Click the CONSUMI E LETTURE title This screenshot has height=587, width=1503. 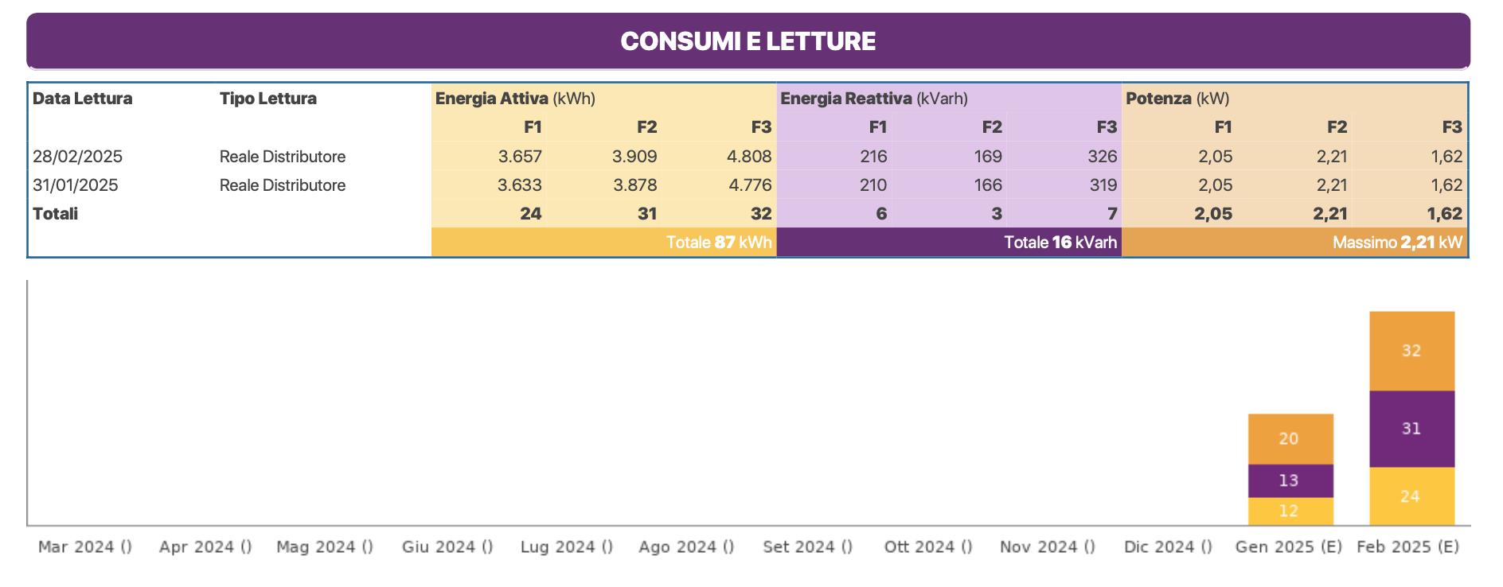coord(748,41)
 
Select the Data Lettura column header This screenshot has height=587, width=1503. coord(82,99)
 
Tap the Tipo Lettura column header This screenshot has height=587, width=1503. coord(267,99)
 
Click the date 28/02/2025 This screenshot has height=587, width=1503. coord(77,157)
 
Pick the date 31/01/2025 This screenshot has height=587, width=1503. coord(75,185)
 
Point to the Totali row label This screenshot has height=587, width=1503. coord(55,214)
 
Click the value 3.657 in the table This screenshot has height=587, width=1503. coord(520,157)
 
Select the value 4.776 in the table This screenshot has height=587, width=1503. coord(750,185)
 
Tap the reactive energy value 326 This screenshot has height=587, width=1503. coord(1103,157)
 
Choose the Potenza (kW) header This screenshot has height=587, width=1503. coord(1177,99)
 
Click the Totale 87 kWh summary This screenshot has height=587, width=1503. coord(719,243)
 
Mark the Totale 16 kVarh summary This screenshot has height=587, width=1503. coord(1060,243)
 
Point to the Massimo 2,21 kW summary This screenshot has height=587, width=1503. coord(1397,243)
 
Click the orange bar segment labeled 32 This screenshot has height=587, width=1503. coord(1411,351)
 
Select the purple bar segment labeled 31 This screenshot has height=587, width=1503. coord(1411,429)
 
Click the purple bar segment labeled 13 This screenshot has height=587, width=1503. coord(1290,480)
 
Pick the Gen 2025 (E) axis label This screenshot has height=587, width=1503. coord(1288,546)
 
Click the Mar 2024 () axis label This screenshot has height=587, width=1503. coord(85,546)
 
